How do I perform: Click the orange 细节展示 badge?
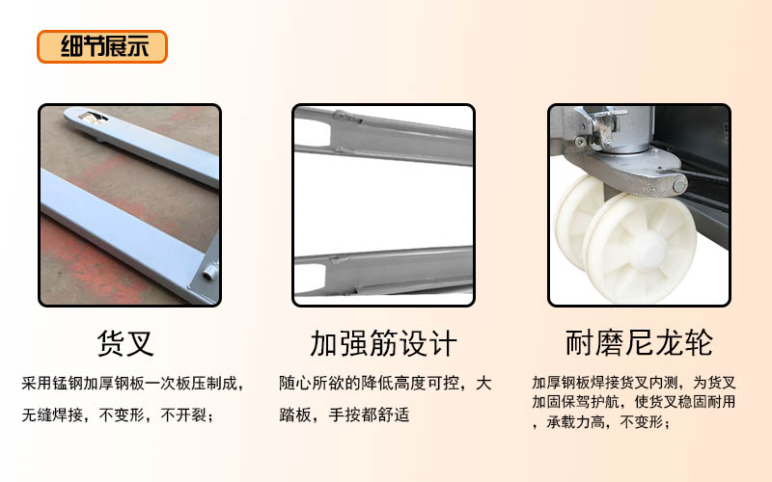click(102, 46)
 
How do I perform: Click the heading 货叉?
click(125, 343)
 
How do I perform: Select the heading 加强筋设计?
click(383, 343)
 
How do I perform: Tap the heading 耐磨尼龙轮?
click(639, 343)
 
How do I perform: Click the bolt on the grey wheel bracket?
click(679, 185)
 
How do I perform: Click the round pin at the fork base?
click(210, 272)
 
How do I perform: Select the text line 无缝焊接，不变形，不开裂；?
click(118, 415)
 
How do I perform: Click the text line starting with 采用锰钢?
click(133, 383)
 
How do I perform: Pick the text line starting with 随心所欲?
click(385, 383)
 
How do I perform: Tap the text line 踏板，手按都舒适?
click(345, 415)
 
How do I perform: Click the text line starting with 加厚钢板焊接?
click(634, 382)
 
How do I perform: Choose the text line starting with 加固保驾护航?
click(634, 402)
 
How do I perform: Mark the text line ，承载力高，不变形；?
click(601, 421)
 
